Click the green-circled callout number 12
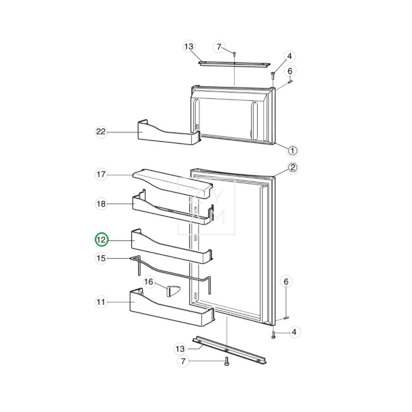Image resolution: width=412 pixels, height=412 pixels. [x=101, y=239]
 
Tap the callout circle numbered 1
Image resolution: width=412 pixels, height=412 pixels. [x=292, y=151]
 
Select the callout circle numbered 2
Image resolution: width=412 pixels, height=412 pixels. [x=292, y=167]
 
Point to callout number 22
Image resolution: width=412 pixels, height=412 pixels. [x=101, y=132]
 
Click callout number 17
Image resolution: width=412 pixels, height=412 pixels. [x=101, y=175]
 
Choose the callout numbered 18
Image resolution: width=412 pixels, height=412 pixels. [x=101, y=204]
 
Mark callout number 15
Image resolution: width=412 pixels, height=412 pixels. [x=101, y=259]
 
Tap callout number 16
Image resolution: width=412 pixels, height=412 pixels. [x=148, y=282]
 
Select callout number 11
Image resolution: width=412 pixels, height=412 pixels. [x=101, y=302]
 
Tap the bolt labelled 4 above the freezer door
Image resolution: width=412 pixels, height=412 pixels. [x=272, y=75]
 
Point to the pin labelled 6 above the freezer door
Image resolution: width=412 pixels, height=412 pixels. [x=290, y=80]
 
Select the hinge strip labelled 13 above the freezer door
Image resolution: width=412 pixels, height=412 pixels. [x=234, y=64]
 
